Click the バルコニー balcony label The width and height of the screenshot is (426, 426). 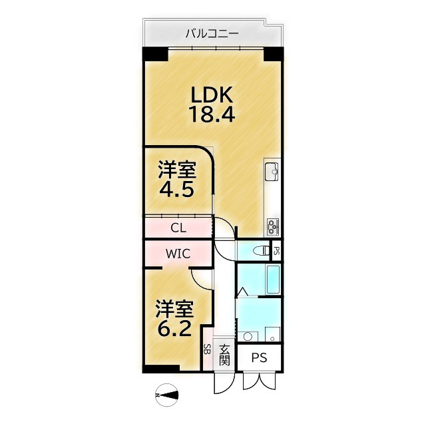pos(212,31)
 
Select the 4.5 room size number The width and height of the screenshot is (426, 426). pos(176,188)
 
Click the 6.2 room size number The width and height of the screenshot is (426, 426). pos(174,328)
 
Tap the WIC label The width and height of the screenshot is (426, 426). pos(178,254)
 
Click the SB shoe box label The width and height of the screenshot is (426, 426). pos(207,351)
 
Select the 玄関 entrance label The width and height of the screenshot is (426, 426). pos(225,355)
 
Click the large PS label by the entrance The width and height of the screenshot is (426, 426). pos(259,358)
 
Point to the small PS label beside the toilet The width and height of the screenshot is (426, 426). pos(277,251)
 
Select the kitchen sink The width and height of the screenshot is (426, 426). pos(273,171)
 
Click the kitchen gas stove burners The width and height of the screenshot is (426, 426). pos(273,226)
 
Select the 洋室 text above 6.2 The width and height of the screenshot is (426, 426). pos(174,308)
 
